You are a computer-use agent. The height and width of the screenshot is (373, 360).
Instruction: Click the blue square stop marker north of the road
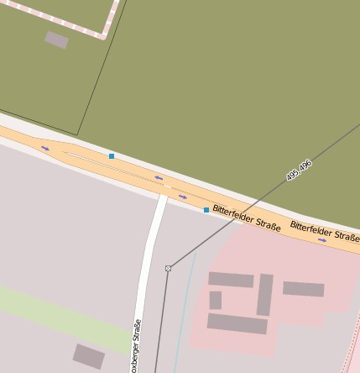point(111,156)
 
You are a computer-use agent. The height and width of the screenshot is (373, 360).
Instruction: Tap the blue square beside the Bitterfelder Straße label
point(206,210)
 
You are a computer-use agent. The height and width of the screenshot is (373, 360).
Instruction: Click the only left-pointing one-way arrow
point(159,178)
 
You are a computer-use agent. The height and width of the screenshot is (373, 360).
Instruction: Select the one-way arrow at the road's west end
point(45,149)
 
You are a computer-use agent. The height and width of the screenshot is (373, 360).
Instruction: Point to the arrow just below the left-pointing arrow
point(182,197)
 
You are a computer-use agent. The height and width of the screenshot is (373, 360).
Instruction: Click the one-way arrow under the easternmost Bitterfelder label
point(322,240)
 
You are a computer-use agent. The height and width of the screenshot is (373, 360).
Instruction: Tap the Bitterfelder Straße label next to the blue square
point(246,218)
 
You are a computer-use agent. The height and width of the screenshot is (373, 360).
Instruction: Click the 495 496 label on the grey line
point(299,171)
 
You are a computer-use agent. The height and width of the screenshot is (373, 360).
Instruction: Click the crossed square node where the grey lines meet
point(169,268)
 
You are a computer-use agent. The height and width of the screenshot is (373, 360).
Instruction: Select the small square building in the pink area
point(216,300)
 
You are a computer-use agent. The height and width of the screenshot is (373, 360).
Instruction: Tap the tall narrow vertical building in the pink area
point(264,295)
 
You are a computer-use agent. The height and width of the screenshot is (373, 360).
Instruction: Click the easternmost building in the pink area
point(303,289)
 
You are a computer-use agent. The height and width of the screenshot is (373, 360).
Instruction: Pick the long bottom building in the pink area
point(237,323)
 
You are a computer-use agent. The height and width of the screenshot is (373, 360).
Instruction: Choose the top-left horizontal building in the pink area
point(231,280)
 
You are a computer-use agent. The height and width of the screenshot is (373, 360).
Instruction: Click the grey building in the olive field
point(56,39)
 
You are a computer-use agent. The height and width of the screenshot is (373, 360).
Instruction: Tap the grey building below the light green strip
point(89,356)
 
